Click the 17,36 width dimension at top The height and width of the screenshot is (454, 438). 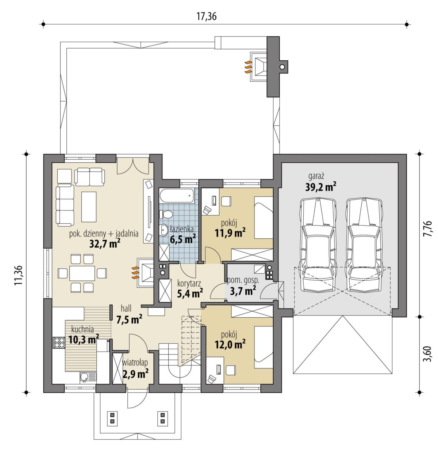(x=207, y=17)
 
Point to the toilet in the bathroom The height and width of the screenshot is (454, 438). (x=166, y=214)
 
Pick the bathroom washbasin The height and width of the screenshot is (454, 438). (x=164, y=230)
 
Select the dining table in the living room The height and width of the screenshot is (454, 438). (x=82, y=273)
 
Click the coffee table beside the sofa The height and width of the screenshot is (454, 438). (x=89, y=207)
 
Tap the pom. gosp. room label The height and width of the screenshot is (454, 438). (x=243, y=280)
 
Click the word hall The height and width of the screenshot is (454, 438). (x=126, y=309)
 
